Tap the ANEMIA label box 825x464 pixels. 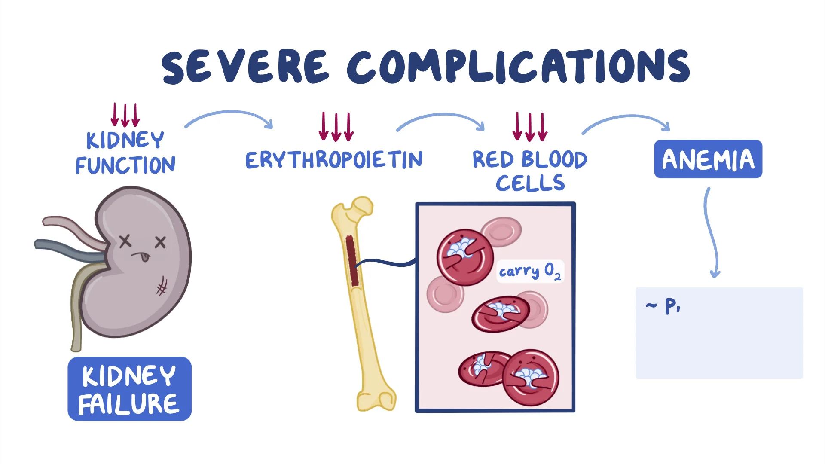coord(708,159)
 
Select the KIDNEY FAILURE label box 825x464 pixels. coord(129,389)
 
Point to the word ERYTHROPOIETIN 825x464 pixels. coord(334,160)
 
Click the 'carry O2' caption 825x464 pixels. coord(530,271)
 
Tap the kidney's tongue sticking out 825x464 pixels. coord(145,257)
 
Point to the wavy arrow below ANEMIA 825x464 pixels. coord(711,232)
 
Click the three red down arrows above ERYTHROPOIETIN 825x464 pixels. coord(336,127)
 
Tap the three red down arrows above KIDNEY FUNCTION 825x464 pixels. coord(125,115)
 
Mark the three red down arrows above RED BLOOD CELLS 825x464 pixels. coord(530,127)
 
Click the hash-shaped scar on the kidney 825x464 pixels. coord(162,286)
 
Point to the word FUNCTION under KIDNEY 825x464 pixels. coord(125,165)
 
